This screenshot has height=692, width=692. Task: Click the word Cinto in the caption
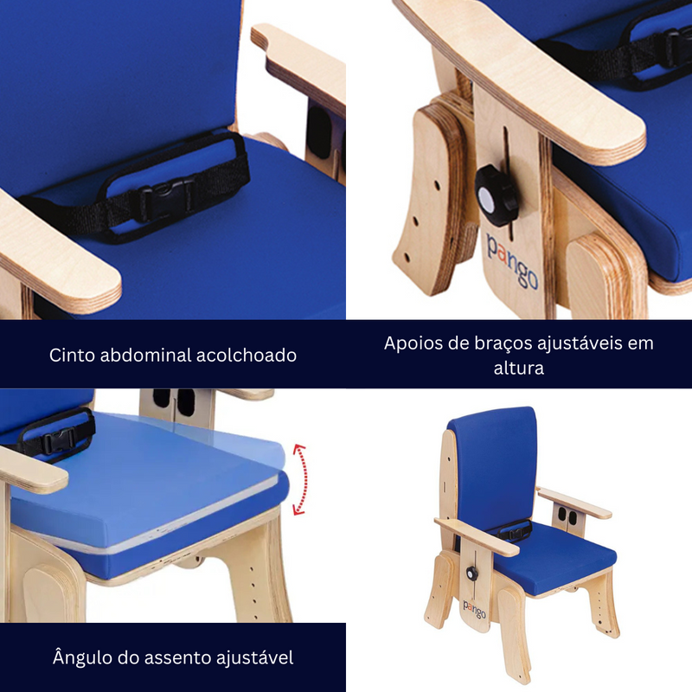tap(73, 355)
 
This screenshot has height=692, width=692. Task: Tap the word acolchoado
tap(247, 355)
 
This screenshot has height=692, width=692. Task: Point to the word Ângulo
tap(81, 658)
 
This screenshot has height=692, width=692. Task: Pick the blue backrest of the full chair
tap(494, 467)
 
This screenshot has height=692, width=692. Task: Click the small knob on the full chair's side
tap(472, 573)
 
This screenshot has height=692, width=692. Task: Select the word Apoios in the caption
tap(411, 343)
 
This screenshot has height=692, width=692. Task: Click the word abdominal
tap(151, 355)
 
